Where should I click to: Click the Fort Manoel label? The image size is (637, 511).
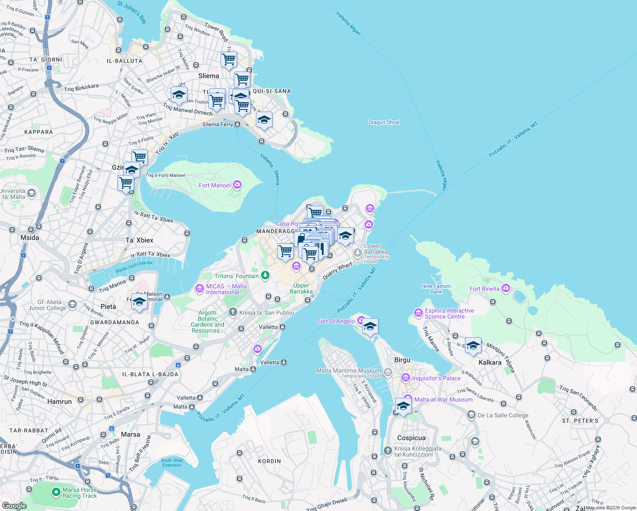[215, 185]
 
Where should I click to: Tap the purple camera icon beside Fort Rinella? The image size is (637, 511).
[505, 288]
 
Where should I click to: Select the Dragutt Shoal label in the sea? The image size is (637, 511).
[384, 122]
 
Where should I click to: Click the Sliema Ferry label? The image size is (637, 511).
[218, 124]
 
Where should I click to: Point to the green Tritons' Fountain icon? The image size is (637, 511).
[265, 276]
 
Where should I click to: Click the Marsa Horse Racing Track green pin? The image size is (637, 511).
[56, 492]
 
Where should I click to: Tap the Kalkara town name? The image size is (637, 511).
[490, 362]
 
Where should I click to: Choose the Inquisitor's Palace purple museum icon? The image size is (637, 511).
[405, 378]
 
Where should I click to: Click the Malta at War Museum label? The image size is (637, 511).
[443, 399]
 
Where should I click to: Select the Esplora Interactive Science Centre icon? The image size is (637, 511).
[418, 313]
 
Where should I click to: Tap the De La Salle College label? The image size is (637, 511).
[503, 415]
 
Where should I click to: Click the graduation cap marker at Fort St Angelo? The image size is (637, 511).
[370, 327]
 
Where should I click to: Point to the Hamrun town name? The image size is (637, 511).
[60, 402]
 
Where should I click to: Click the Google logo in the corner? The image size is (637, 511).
[14, 505]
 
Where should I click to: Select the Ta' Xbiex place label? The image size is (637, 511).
[139, 240]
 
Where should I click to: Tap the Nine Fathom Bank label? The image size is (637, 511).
[436, 289]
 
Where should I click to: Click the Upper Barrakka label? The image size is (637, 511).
[301, 288]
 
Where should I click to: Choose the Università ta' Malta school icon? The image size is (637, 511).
[31, 194]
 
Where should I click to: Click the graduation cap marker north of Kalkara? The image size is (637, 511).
[473, 346]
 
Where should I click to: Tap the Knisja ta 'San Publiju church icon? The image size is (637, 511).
[232, 312]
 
